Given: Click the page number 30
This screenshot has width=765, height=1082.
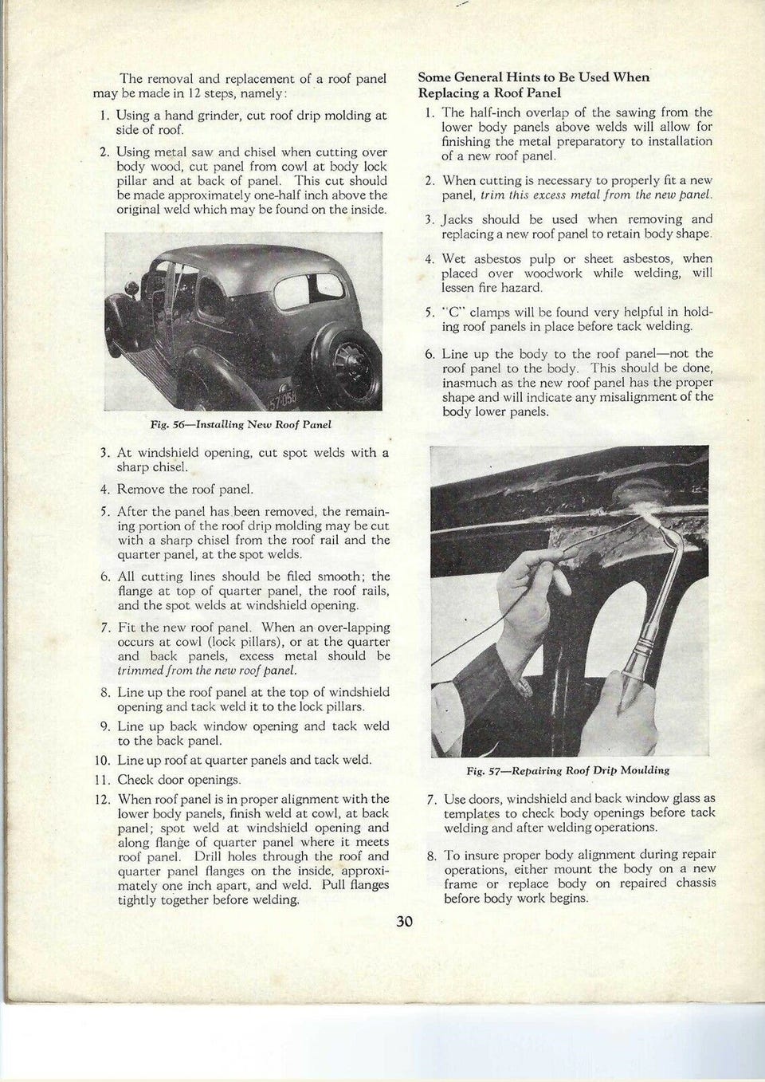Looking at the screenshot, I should click(404, 923).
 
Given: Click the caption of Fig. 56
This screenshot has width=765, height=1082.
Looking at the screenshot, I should click(235, 424).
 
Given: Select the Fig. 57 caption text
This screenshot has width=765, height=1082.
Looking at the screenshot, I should click(567, 770).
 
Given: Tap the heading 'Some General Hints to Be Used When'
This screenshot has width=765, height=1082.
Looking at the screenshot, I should click(534, 77).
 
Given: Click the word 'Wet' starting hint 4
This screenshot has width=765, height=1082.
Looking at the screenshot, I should click(454, 258).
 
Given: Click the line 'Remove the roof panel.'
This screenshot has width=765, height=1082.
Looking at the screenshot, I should click(186, 490).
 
